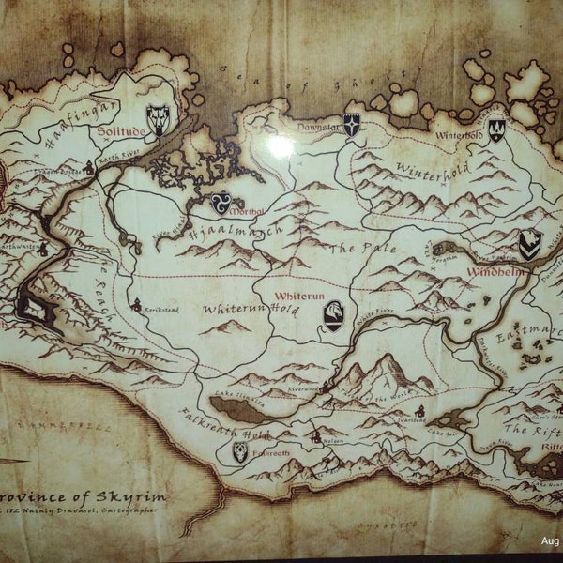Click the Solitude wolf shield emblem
tap(158, 118)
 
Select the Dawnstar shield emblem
tap(351, 124)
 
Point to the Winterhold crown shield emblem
tap(496, 129)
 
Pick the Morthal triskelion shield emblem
tap(222, 201)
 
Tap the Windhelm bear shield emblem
tap(530, 244)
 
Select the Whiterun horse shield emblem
tap(333, 315)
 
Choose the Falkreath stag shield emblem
tap(240, 451)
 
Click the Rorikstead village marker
tap(137, 304)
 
